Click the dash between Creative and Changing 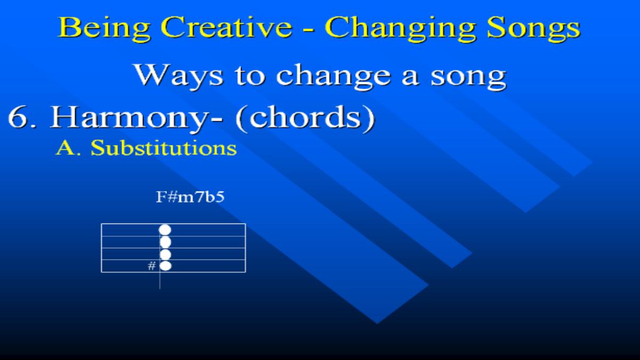pos(309,30)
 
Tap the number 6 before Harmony pos(19,117)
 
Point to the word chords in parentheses pos(305,118)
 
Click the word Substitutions pos(164,148)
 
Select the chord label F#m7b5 pos(190,197)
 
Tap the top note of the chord pos(165,230)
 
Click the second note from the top pos(165,242)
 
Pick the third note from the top pos(165,254)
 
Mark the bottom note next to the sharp pos(165,266)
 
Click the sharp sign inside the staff pos(151,266)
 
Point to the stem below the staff pos(159,281)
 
